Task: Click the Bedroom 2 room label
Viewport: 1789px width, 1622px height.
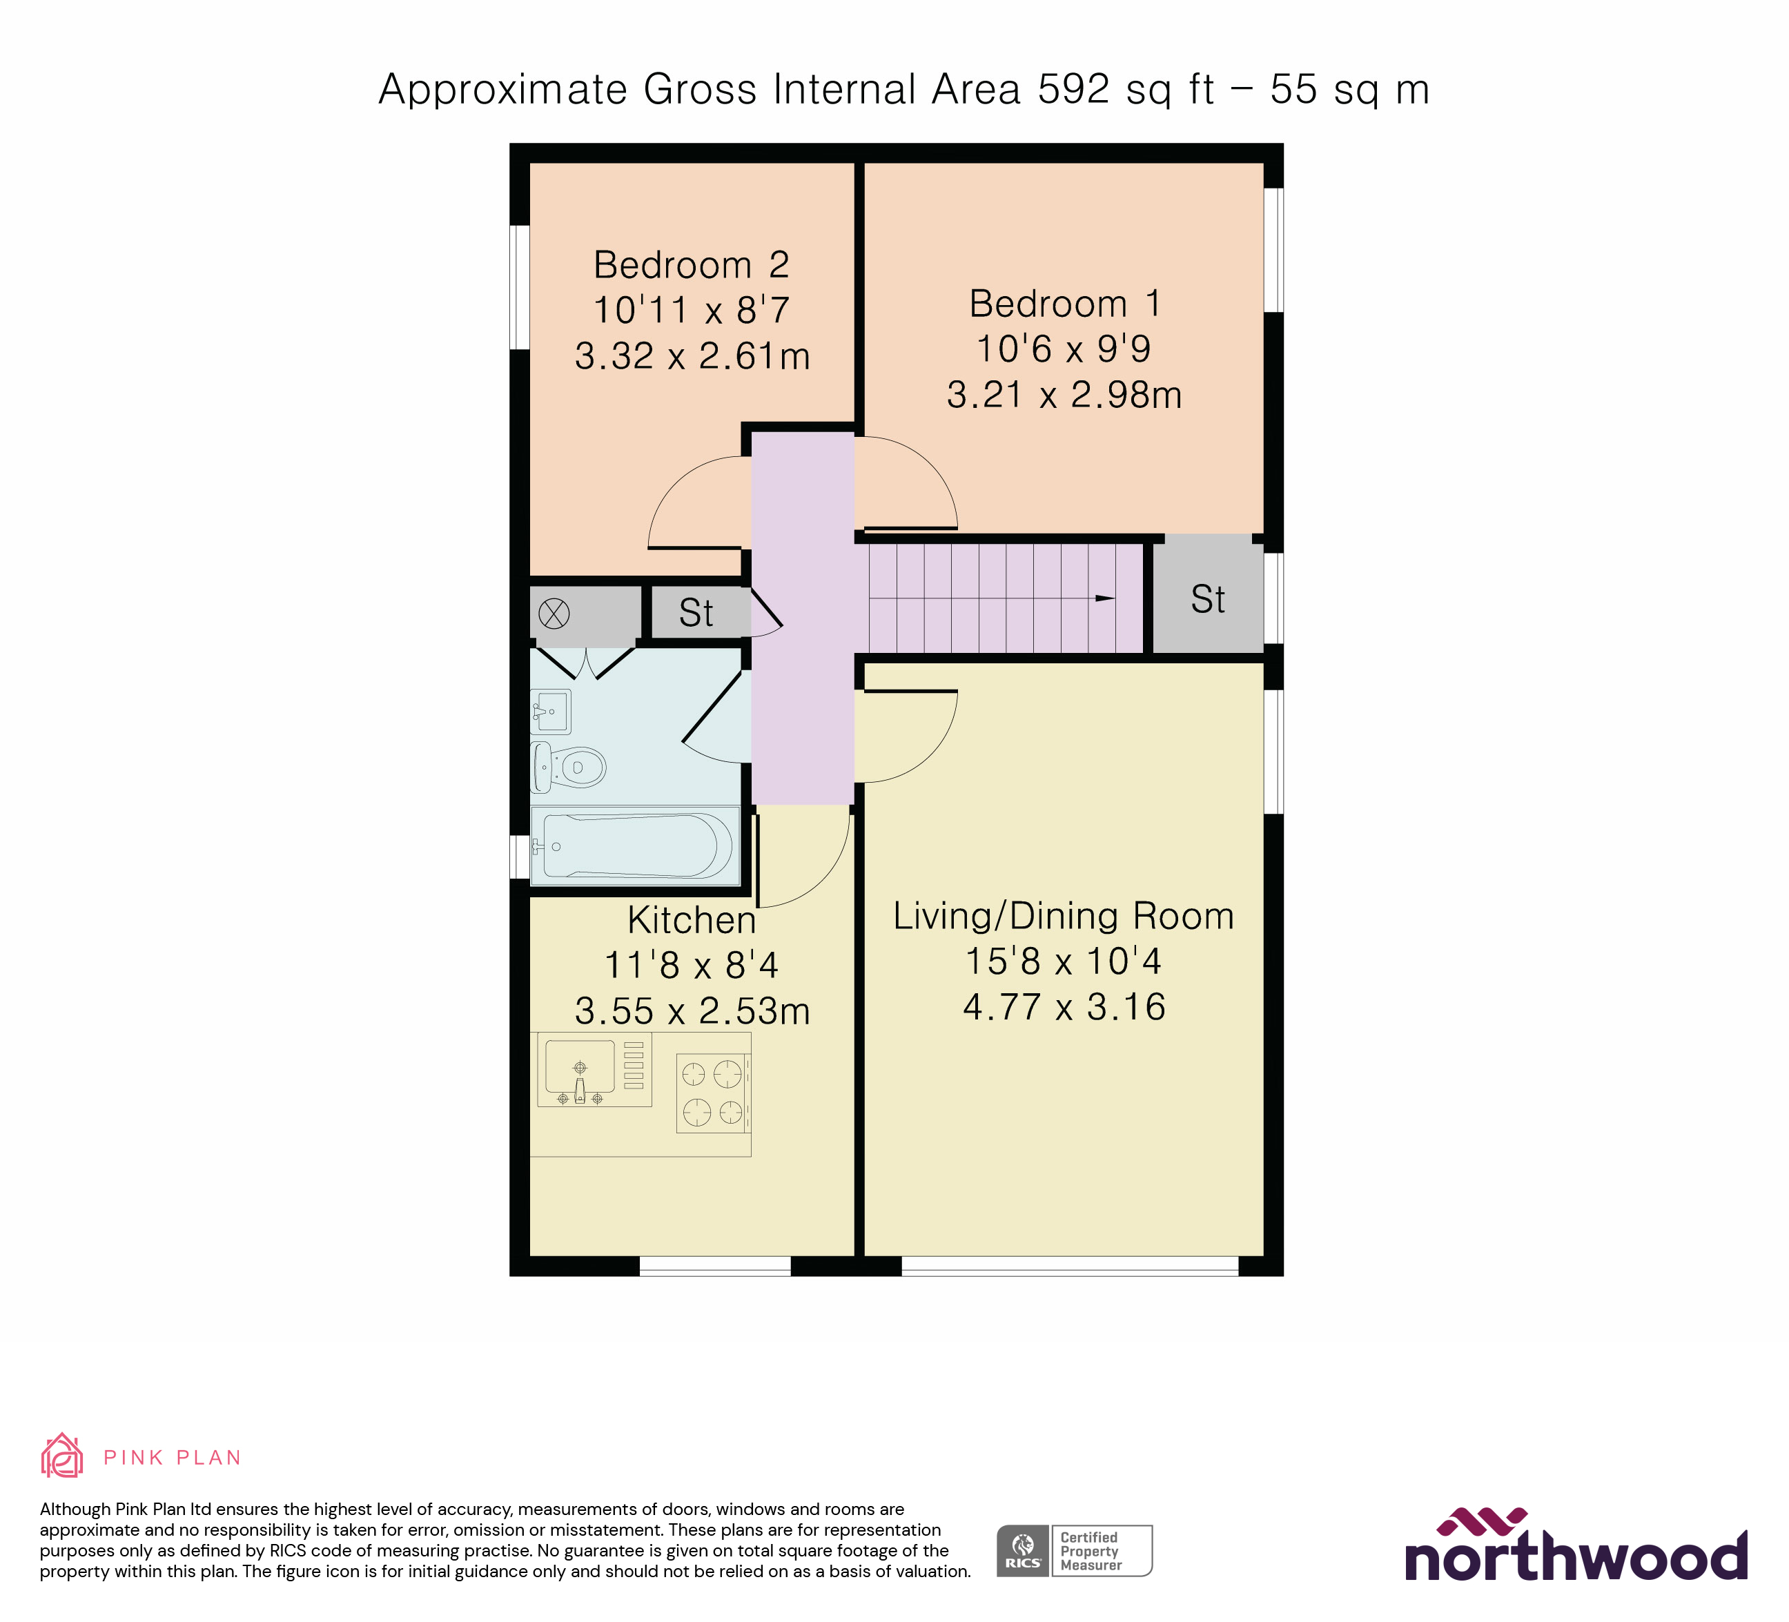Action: pyautogui.click(x=692, y=264)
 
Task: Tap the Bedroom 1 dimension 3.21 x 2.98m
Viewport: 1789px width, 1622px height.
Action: pyautogui.click(x=1064, y=395)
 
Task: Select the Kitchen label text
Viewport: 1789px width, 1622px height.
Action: pyautogui.click(x=692, y=920)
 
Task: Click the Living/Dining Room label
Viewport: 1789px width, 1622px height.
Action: pyautogui.click(x=1063, y=916)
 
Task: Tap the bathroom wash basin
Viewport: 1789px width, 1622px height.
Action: pyautogui.click(x=550, y=711)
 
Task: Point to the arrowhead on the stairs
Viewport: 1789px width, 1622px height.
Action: pyautogui.click(x=1105, y=598)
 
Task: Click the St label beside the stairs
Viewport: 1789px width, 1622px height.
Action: pyautogui.click(x=1208, y=600)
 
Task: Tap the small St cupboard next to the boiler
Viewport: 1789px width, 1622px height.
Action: pyautogui.click(x=696, y=613)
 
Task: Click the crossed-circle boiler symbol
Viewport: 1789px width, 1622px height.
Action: pyautogui.click(x=554, y=613)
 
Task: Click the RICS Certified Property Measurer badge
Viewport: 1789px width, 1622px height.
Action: pyautogui.click(x=1074, y=1551)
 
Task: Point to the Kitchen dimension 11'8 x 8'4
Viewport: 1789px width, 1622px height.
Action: pyautogui.click(x=692, y=966)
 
